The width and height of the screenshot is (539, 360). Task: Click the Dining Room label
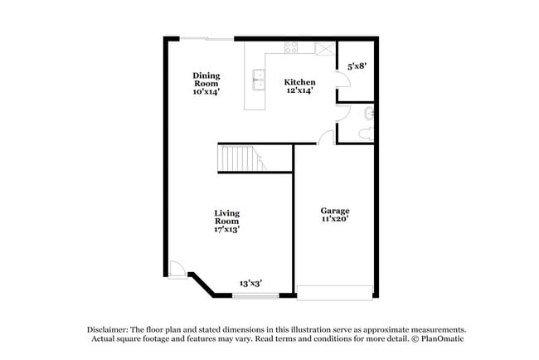[x=206, y=80]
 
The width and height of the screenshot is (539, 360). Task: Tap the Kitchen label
[x=299, y=82]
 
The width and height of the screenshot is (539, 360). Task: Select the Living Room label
[x=227, y=217]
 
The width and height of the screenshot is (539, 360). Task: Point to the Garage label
[x=335, y=211]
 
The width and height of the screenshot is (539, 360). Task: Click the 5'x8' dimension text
[x=357, y=65]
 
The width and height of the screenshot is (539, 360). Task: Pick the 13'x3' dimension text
[x=251, y=283]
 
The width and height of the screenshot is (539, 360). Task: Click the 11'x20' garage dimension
[x=335, y=221]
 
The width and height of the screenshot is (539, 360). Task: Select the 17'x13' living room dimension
[x=227, y=230]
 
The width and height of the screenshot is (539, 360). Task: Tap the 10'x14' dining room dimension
[x=206, y=92]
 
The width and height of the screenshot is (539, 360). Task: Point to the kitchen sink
[x=258, y=79]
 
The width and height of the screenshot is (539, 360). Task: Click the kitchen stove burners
[x=292, y=46]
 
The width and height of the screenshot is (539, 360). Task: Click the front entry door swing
[x=175, y=270]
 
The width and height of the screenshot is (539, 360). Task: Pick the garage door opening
[x=335, y=292]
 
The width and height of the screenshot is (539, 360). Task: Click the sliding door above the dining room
[x=207, y=38]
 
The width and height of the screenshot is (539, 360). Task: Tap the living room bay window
[x=255, y=295]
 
